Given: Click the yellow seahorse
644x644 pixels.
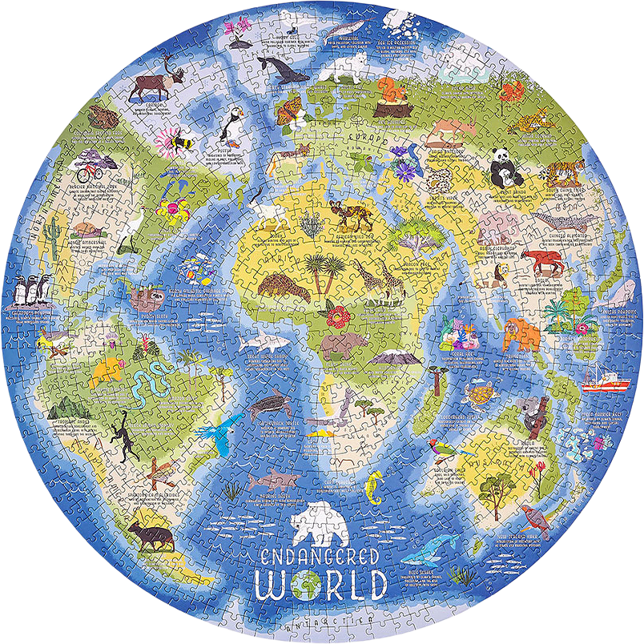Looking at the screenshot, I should [x=375, y=488].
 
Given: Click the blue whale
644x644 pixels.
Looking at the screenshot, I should [x=437, y=549].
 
